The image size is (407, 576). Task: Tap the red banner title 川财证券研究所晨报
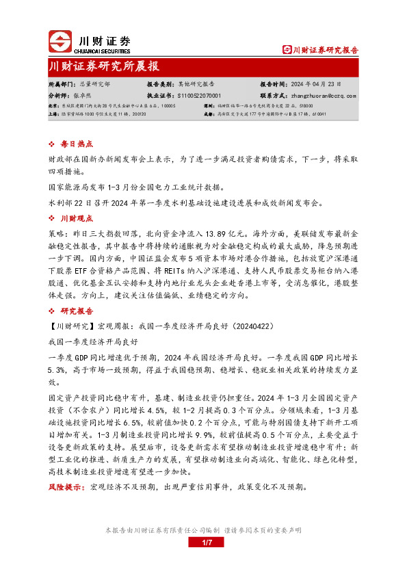click(104, 66)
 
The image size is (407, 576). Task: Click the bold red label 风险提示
click(64, 487)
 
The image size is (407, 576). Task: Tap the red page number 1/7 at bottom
click(209, 542)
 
